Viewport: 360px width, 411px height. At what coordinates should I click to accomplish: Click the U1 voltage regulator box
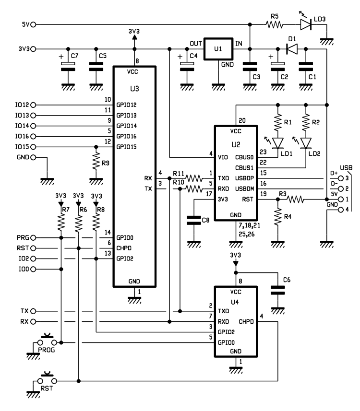[218, 49]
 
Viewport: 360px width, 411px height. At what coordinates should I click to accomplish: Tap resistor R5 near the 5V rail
[274, 24]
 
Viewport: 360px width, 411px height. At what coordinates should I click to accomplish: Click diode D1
[292, 49]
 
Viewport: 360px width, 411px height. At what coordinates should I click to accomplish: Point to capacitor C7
[68, 67]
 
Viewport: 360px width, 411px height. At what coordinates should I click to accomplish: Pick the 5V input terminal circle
[33, 24]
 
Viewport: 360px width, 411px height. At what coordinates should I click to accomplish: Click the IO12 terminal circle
[33, 105]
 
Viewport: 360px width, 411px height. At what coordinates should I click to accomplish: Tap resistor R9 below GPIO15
[96, 163]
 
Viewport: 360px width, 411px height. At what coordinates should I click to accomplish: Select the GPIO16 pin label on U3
[126, 136]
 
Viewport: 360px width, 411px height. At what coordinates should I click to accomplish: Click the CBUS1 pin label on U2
[244, 168]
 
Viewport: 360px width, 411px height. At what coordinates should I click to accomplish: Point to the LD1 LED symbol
[277, 143]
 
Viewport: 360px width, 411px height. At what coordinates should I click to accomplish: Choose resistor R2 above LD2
[306, 122]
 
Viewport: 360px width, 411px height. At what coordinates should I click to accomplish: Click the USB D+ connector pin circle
[341, 178]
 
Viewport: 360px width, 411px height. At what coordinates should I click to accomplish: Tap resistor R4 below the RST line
[278, 217]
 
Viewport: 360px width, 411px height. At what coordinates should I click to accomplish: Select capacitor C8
[193, 221]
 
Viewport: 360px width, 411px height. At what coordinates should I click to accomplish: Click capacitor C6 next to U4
[277, 291]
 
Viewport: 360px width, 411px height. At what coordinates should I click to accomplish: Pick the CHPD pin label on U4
[246, 322]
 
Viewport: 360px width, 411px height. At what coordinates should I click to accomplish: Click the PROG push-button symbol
[47, 340]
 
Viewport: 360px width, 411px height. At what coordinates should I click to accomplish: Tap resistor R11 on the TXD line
[194, 178]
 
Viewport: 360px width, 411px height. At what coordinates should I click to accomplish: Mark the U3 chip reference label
[134, 89]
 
